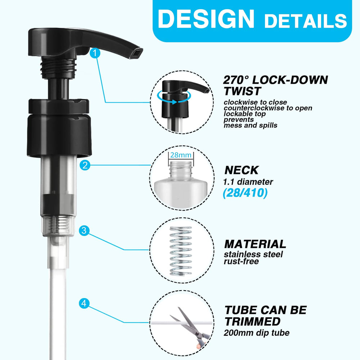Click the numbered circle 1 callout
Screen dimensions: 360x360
point(95,53)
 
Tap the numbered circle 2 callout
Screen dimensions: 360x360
point(85,165)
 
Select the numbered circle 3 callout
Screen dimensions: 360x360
point(84,230)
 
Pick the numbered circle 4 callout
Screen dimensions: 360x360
point(84,303)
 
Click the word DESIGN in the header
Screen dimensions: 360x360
point(206,19)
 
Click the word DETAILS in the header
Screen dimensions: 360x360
point(305,21)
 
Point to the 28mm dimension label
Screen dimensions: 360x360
point(181,155)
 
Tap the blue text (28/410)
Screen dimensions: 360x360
point(245,193)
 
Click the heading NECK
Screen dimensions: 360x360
point(242,170)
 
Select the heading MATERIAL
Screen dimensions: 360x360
point(255,244)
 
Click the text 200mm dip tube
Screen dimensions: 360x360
point(256,333)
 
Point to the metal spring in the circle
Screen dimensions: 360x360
point(181,251)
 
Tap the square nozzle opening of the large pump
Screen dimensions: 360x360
point(136,54)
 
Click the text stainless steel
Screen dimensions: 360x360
point(253,255)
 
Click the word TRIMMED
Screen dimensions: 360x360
point(253,321)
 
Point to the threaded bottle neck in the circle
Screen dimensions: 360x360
point(181,169)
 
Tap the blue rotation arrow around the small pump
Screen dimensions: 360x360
point(174,97)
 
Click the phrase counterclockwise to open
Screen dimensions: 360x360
point(268,108)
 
